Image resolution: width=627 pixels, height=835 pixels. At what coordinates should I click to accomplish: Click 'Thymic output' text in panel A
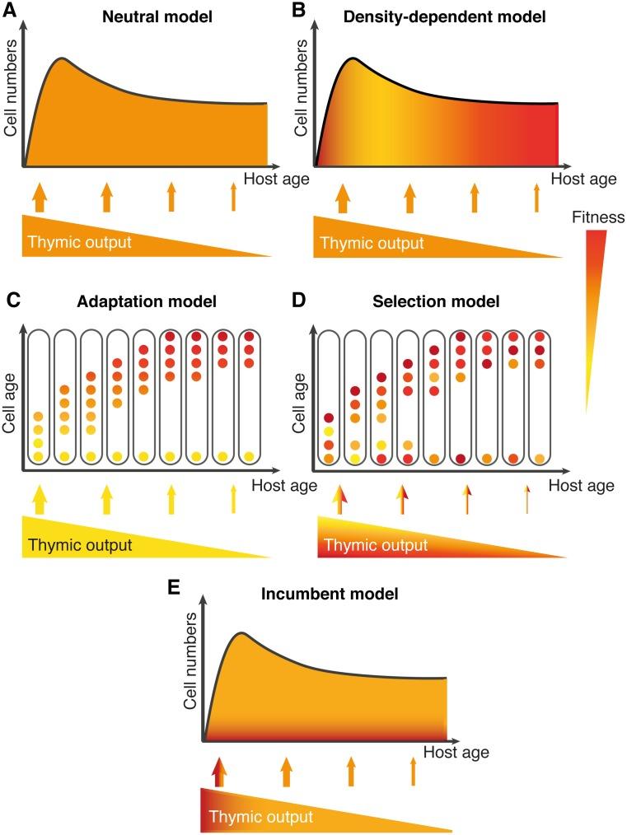pyautogui.click(x=80, y=243)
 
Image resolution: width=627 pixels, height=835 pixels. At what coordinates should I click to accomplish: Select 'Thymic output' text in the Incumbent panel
pyautogui.click(x=261, y=817)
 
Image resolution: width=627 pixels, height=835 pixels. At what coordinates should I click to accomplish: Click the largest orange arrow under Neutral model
pyautogui.click(x=37, y=198)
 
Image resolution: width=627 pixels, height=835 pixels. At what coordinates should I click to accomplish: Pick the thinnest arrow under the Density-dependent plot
pyautogui.click(x=536, y=198)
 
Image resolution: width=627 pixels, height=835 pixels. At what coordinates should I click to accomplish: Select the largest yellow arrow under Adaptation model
pyautogui.click(x=37, y=500)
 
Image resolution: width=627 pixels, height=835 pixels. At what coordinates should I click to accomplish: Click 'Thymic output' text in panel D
pyautogui.click(x=376, y=545)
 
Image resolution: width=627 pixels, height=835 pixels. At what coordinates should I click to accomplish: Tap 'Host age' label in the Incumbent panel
pyautogui.click(x=456, y=752)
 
